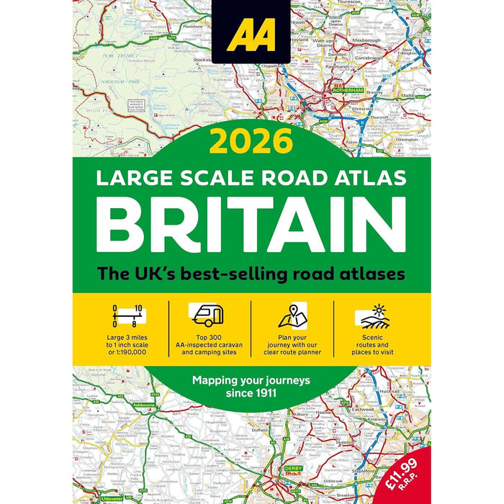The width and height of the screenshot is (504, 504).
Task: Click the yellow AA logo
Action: point(251,35)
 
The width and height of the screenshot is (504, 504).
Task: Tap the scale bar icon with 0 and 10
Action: point(125,315)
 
